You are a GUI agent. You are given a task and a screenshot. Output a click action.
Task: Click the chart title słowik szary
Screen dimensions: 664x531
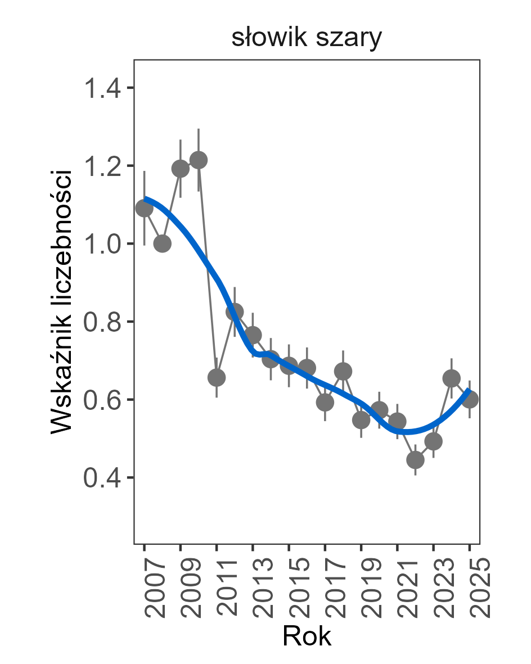307,39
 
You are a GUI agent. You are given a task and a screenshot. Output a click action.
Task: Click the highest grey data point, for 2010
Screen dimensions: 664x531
199,160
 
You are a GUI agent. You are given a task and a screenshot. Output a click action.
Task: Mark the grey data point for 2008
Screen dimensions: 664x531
163,243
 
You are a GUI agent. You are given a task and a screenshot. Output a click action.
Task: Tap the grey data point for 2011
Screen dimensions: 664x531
217,377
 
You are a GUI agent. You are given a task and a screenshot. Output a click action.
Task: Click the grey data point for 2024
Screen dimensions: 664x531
451,378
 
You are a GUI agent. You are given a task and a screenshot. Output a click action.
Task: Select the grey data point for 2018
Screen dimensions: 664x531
343,371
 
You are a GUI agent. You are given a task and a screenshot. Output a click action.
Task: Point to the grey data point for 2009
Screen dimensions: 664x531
181,169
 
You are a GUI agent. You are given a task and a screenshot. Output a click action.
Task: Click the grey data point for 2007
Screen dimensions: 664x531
145,209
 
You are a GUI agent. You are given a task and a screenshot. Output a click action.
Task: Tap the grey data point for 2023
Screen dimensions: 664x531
433,441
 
